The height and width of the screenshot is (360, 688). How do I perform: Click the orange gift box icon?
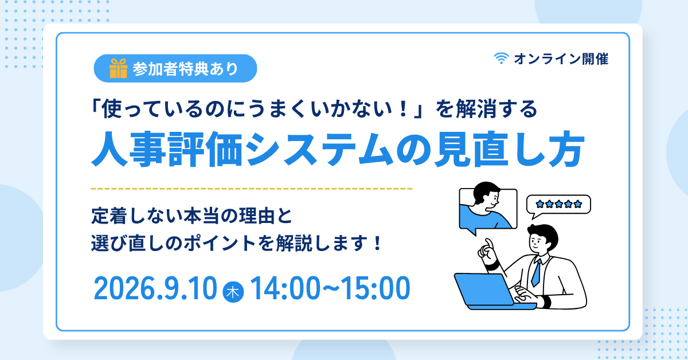pyautogui.click(x=118, y=68)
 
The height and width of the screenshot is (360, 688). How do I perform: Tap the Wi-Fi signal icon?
pyautogui.click(x=501, y=58)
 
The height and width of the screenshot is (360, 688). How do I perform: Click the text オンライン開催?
pyautogui.click(x=561, y=59)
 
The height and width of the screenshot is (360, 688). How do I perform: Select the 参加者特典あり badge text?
pyautogui.click(x=186, y=69)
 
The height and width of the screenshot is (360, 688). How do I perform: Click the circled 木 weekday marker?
pyautogui.click(x=233, y=292)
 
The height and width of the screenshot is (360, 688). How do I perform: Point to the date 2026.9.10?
pyautogui.click(x=155, y=288)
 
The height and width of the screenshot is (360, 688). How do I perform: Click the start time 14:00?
pyautogui.click(x=286, y=288)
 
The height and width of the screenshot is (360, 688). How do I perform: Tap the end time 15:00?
pyautogui.click(x=376, y=288)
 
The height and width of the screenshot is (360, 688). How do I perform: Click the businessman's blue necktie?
pyautogui.click(x=537, y=273)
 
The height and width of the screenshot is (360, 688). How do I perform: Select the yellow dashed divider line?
pyautogui.click(x=251, y=189)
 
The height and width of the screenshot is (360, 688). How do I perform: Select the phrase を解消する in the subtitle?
pyautogui.click(x=487, y=109)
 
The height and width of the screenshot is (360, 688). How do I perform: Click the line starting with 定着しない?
pyautogui.click(x=191, y=216)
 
